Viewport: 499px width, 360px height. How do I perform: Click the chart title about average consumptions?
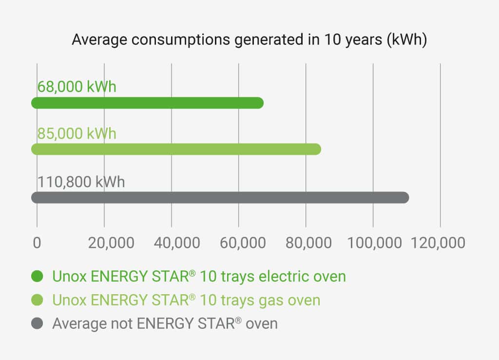point(249,39)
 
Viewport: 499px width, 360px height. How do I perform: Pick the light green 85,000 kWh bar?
point(176,149)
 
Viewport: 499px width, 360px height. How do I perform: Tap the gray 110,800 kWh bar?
point(220,197)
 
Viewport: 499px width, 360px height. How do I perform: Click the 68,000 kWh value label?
point(77,87)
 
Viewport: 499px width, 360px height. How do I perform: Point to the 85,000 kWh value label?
point(77,133)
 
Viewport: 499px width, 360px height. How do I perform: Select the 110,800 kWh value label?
point(81,182)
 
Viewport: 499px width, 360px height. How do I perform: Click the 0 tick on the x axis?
point(37,242)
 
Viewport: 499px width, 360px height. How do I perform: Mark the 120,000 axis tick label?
point(438,242)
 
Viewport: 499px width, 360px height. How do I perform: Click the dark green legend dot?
point(37,277)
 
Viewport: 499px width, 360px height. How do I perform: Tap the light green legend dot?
point(37,300)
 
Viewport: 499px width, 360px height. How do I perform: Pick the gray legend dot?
point(37,323)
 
